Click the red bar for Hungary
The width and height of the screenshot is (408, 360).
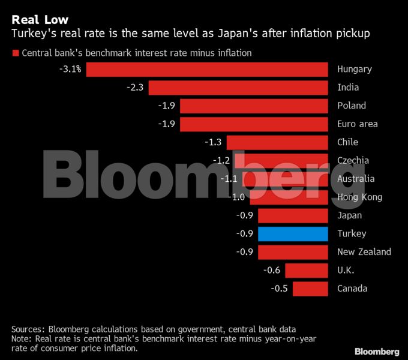coord(207,69)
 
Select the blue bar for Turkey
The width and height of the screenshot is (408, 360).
coord(293,233)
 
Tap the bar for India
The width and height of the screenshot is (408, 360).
coord(238,88)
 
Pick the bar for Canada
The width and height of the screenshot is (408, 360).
coord(310,289)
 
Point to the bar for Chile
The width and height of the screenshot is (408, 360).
coord(277,142)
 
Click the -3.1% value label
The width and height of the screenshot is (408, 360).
coord(70,69)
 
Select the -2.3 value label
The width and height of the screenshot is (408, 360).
coord(135,88)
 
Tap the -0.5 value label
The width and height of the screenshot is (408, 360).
coord(279,289)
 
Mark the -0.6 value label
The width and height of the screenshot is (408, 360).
coord(271,270)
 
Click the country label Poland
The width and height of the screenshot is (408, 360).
coord(352,106)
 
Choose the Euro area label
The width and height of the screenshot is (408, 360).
coord(358,124)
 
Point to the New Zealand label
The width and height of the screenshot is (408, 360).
coord(364,252)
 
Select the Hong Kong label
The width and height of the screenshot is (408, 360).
coord(360,197)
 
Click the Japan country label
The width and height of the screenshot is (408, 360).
coord(350,215)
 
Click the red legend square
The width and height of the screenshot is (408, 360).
coord(15,53)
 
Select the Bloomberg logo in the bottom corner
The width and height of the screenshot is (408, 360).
coord(377,350)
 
